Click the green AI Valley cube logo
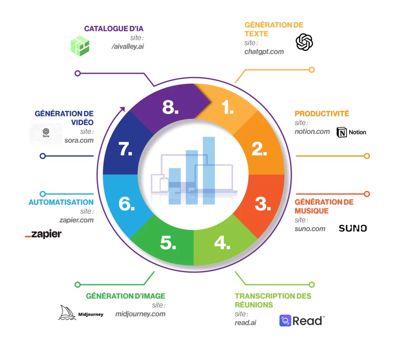[x=80, y=46]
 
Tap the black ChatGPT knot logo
[x=304, y=42]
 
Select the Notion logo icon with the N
[x=342, y=132]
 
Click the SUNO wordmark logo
[x=353, y=228]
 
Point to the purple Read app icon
[x=285, y=321]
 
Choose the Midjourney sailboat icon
[x=67, y=312]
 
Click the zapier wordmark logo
[x=43, y=234]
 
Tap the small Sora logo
[x=46, y=133]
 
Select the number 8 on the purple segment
[x=170, y=107]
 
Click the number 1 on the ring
[x=227, y=107]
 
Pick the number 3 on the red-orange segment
[x=263, y=204]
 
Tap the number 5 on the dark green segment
[x=168, y=243]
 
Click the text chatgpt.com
[x=264, y=52]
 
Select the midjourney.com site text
[x=140, y=314]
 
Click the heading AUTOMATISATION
[x=61, y=202]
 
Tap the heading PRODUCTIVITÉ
[x=322, y=113]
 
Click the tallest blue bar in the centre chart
[x=209, y=171]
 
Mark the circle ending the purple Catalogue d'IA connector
[x=78, y=73]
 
